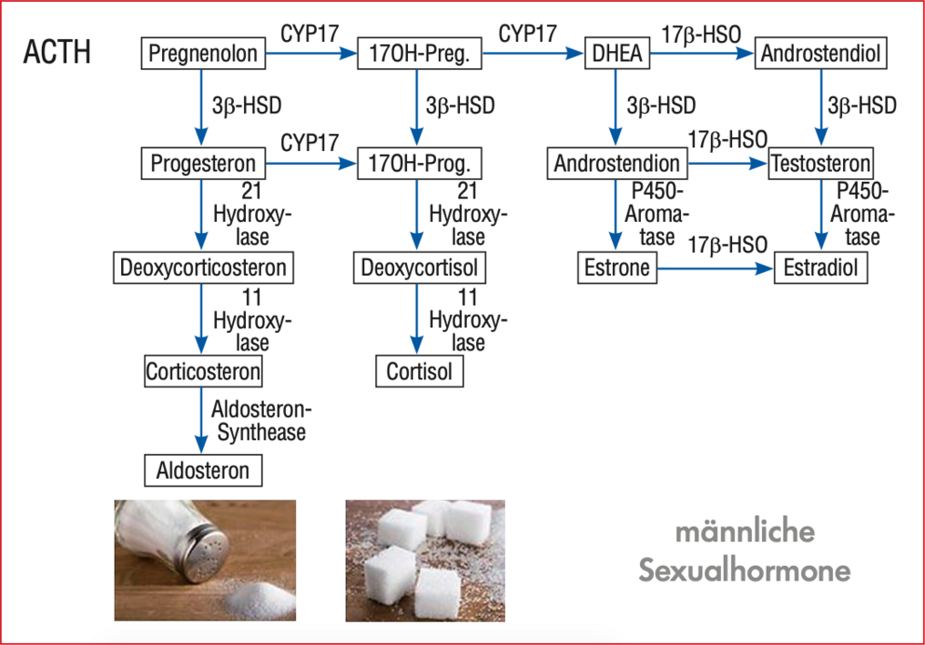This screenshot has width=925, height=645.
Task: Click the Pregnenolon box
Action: [203, 54]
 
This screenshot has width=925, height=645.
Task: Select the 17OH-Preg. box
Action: [420, 54]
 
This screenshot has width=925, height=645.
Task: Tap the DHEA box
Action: [617, 54]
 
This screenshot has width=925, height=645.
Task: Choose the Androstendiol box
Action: [820, 54]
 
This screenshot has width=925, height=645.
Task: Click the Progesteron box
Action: [203, 164]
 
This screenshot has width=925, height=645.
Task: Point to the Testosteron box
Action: [820, 164]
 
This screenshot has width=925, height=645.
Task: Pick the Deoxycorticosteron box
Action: [203, 267]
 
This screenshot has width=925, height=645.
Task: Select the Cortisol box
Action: [420, 371]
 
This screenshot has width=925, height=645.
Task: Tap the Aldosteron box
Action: [203, 470]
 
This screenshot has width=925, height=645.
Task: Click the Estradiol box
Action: [820, 267]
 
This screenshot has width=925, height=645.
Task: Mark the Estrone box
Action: [617, 267]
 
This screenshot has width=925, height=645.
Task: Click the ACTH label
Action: [57, 53]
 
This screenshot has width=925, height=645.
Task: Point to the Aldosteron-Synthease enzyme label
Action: [260, 420]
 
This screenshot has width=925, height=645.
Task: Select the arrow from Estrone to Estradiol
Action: [715, 269]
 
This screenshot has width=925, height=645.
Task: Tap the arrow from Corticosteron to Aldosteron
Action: [201, 420]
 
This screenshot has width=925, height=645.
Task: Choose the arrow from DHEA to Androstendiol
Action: [702, 54]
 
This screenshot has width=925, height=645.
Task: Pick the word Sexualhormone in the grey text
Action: [745, 570]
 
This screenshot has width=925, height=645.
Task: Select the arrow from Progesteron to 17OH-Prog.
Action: [311, 164]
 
